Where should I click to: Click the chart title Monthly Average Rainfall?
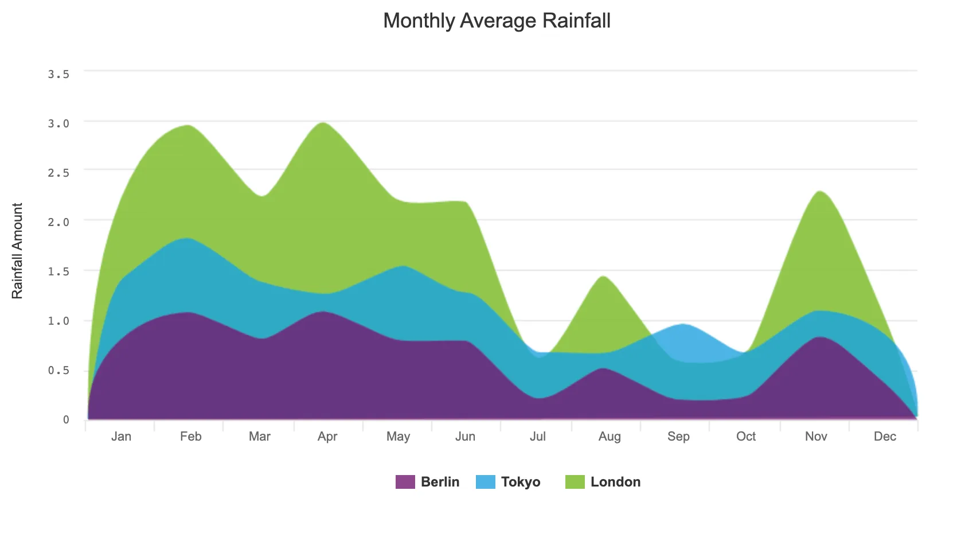[x=497, y=21]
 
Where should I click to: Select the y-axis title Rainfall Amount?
[x=17, y=251]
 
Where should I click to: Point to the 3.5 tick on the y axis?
[x=58, y=75]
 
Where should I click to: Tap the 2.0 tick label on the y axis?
[x=58, y=222]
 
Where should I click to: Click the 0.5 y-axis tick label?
[x=58, y=370]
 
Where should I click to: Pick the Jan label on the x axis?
[x=121, y=437]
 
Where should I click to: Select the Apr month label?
[x=327, y=437]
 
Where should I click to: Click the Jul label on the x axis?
[x=537, y=437]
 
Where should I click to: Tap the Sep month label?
[x=678, y=437]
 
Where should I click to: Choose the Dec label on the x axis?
[x=885, y=437]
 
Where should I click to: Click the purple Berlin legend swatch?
[x=405, y=482]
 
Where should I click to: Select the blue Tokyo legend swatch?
[x=485, y=482]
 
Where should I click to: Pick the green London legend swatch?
[x=575, y=482]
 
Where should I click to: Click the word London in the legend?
[x=615, y=482]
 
